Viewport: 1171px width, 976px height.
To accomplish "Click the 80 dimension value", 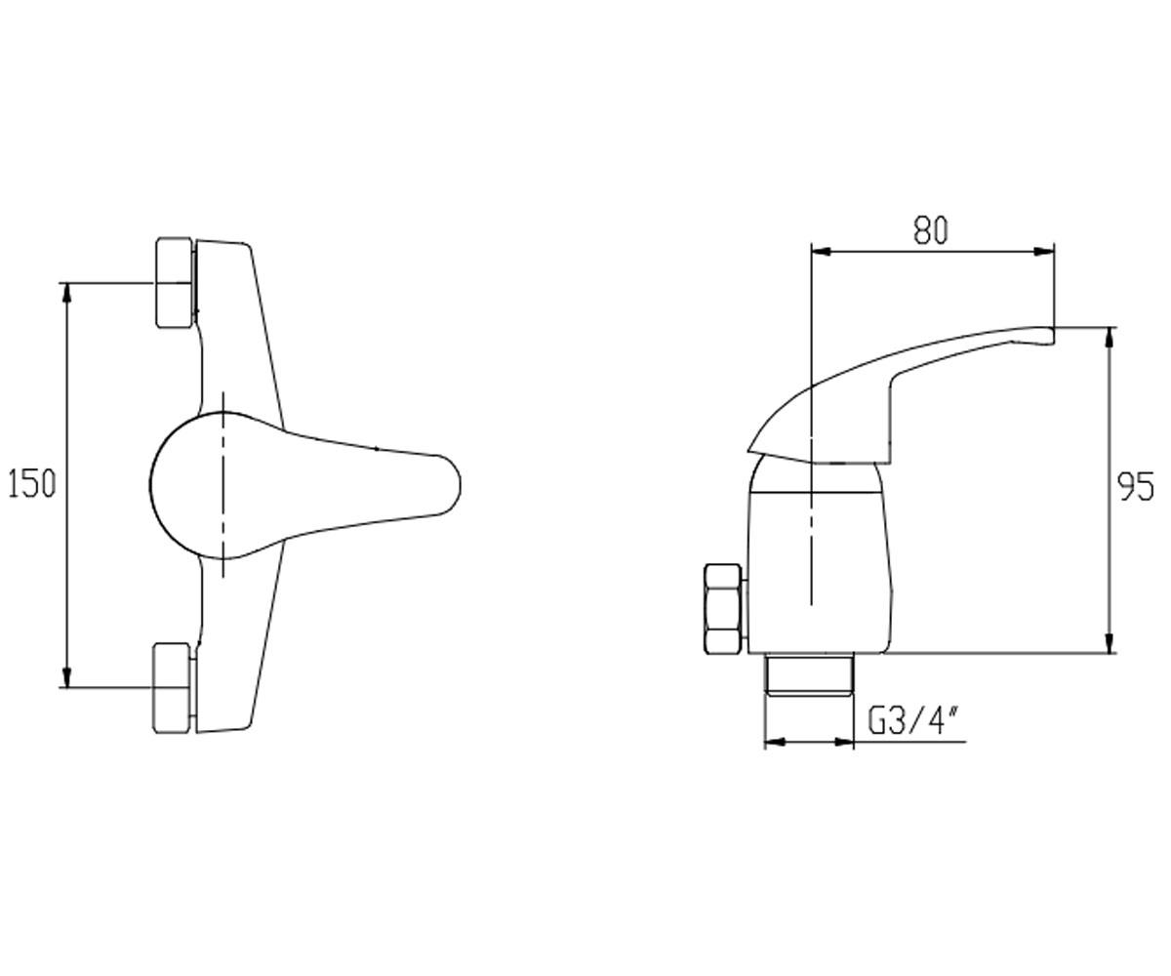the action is click(930, 229).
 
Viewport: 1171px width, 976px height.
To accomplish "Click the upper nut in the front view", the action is click(175, 282).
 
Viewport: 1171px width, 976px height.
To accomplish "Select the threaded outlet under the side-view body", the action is click(809, 674).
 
